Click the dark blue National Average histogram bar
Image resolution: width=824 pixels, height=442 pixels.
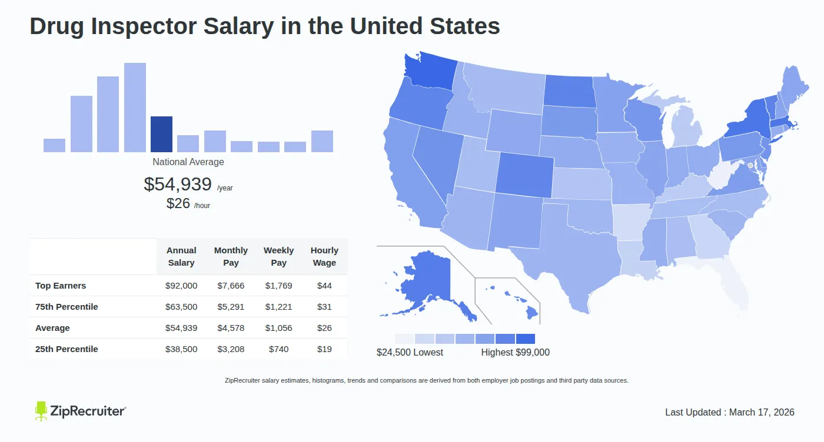click(161, 135)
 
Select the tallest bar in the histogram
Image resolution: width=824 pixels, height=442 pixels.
click(135, 108)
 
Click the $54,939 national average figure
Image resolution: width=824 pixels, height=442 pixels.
click(178, 185)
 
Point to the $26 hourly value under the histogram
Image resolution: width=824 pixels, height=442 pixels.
click(178, 203)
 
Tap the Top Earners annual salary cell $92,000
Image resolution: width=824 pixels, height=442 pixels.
click(181, 286)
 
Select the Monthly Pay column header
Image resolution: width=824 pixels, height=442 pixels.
click(231, 257)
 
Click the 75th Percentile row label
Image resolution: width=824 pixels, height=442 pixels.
click(67, 307)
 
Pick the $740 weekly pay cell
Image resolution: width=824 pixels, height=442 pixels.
click(278, 349)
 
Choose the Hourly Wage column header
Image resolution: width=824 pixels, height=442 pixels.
click(324, 257)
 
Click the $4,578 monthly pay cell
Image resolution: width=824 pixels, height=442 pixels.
click(231, 328)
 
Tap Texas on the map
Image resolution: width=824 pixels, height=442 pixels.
click(565, 259)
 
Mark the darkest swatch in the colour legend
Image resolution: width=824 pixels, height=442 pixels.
click(525, 339)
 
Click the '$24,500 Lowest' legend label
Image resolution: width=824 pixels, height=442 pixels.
click(410, 353)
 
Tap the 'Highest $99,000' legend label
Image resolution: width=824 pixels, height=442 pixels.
click(515, 353)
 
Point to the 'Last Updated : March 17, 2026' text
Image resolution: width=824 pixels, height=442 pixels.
click(729, 413)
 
